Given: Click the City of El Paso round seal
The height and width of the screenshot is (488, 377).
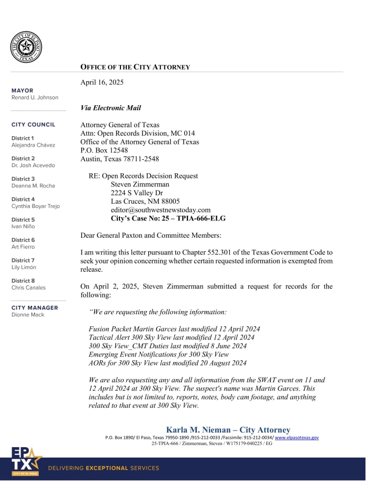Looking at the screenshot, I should tap(26, 47).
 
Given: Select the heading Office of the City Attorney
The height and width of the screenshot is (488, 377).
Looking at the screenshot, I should tap(135, 67).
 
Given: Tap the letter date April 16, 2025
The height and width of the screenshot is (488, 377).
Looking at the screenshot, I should tap(102, 82).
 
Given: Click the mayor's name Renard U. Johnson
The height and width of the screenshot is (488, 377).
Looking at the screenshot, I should tap(35, 97).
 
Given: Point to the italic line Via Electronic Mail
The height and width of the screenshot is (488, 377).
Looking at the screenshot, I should tap(110, 108).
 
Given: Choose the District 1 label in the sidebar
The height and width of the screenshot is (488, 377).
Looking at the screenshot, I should tap(23, 138).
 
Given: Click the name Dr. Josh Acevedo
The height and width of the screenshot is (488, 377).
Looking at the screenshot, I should tap(33, 165).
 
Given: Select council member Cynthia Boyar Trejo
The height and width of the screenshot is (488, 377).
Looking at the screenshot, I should tap(36, 206).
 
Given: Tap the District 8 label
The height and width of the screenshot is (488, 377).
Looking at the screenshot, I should tap(23, 281).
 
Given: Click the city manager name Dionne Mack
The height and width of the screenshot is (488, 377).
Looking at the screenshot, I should tap(28, 315).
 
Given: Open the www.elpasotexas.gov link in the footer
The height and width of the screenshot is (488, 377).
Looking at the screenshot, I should tap(296, 437).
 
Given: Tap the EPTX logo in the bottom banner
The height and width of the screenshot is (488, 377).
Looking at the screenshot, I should tap(26, 462).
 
